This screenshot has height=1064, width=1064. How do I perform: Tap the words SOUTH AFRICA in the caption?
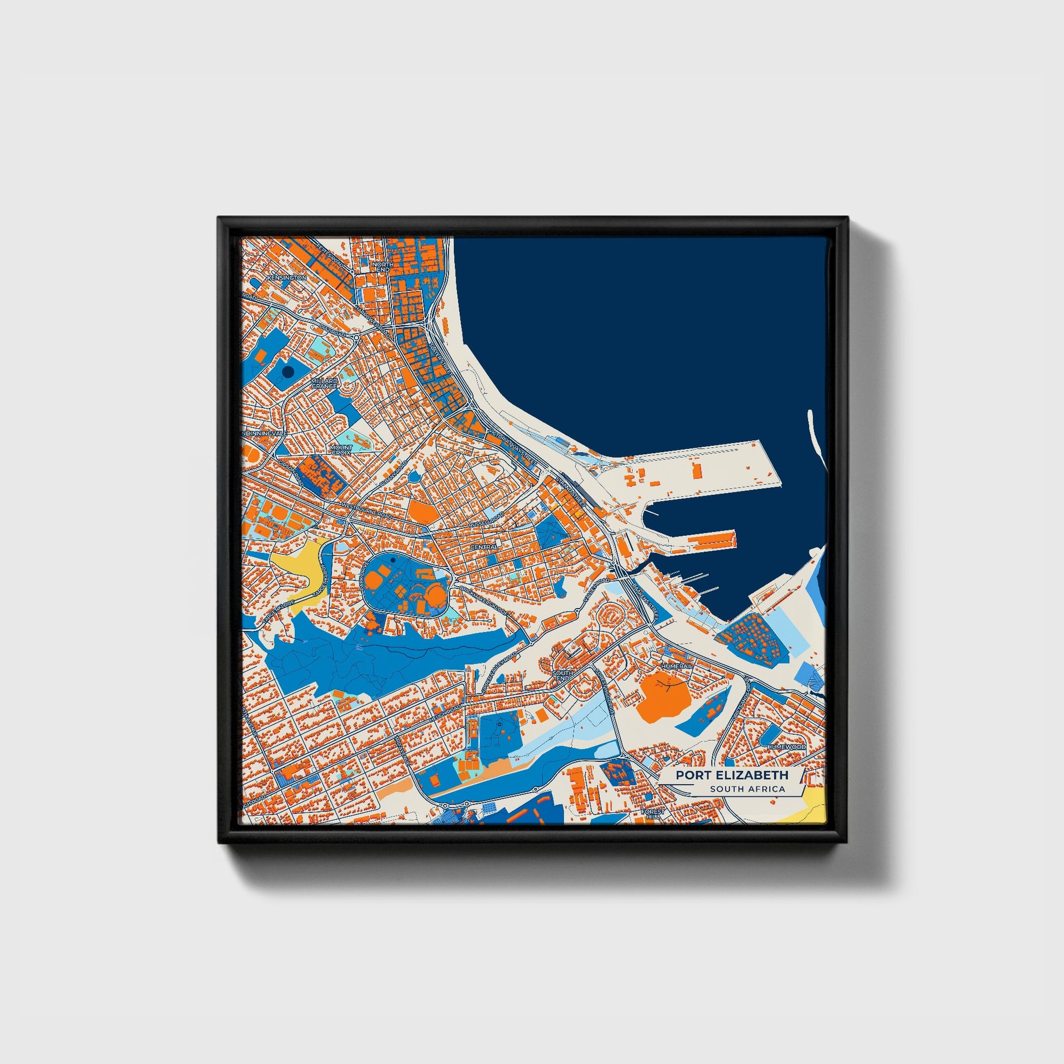(747, 789)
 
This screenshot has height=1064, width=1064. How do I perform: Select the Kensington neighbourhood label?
(287, 278)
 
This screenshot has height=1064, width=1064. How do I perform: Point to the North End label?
(382, 267)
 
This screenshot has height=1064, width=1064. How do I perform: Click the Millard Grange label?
(324, 383)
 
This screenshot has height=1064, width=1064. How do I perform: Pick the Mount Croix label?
(341, 450)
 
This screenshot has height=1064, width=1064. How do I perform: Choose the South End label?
(562, 675)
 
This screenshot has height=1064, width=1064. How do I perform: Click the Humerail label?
(677, 666)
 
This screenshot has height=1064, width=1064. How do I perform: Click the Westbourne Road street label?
(366, 510)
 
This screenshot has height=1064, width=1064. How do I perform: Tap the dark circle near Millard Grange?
(286, 372)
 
